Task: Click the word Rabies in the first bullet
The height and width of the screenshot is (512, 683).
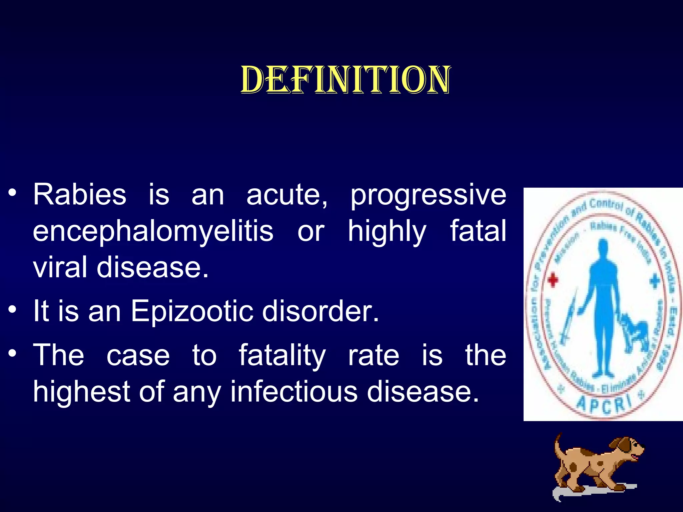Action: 79,195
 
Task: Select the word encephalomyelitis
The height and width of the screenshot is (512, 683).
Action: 153,231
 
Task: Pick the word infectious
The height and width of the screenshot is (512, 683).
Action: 294,392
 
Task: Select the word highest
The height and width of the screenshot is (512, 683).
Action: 82,392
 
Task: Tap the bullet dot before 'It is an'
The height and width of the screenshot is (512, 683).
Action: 12,309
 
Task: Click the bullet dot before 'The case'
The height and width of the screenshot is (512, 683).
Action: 12,353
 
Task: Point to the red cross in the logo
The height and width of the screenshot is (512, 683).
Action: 553,280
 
